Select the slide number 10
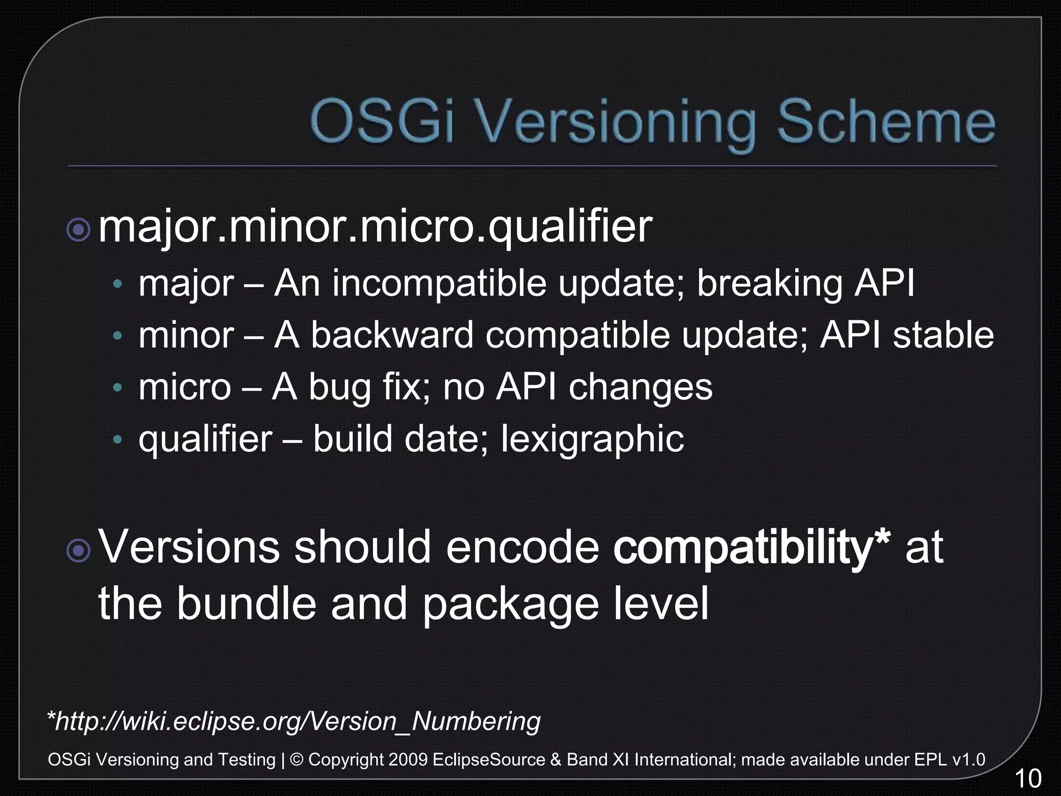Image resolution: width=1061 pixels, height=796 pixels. point(1027,779)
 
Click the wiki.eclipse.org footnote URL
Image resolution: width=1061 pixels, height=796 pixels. point(294,721)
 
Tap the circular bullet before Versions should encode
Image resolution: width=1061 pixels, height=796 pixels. point(79,551)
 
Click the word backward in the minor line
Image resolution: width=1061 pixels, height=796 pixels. point(392,335)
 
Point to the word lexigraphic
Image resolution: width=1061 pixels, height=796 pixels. point(592,439)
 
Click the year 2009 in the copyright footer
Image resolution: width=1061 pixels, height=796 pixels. point(408,760)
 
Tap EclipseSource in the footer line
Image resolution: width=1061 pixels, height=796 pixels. point(489,760)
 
